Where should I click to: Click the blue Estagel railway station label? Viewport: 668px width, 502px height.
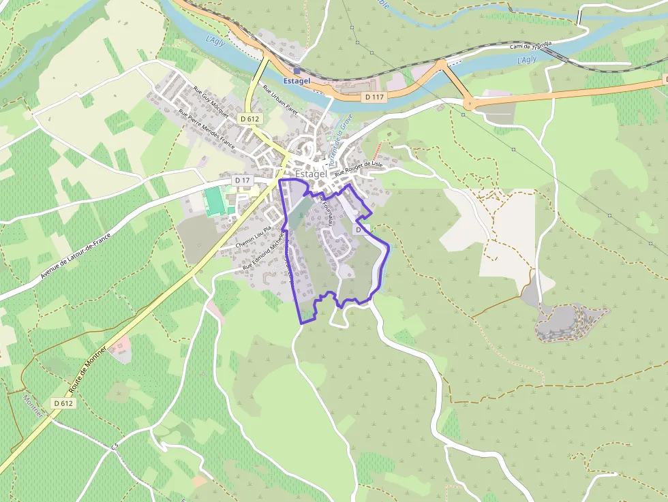click(297, 81)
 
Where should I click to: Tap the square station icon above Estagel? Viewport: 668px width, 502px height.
click(297, 70)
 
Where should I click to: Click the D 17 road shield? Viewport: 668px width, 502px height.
click(242, 180)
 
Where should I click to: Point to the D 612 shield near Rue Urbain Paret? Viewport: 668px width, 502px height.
click(250, 119)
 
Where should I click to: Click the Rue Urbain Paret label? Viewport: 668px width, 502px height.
click(281, 99)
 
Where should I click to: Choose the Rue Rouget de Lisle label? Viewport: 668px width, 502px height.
click(361, 169)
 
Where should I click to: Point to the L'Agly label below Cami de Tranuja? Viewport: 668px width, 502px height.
click(527, 60)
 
